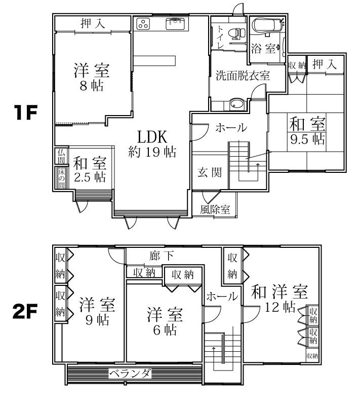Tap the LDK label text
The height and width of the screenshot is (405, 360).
[152, 137]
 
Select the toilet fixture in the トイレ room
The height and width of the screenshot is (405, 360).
[234, 33]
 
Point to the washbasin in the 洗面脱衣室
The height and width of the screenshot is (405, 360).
[237, 104]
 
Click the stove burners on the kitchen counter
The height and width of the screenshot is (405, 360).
[143, 23]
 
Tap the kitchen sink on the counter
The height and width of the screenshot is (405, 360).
[175, 22]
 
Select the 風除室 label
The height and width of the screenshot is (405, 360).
[215, 209]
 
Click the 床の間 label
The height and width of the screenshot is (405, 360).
[60, 177]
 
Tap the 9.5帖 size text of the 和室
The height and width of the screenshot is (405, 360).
[307, 139]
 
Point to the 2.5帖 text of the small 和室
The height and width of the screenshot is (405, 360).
[89, 177]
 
